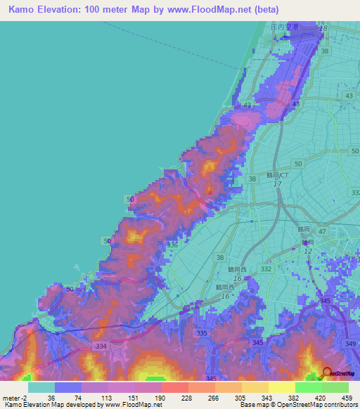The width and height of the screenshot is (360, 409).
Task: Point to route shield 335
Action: [x=202, y=333]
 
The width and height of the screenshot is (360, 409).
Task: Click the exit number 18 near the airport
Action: [x=323, y=28]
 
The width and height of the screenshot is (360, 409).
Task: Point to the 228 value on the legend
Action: [x=174, y=397]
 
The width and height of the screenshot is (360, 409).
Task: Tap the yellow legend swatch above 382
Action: [x=281, y=387]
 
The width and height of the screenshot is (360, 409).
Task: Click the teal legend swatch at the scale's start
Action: [x=41, y=387]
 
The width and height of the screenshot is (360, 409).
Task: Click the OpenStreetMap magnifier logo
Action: [x=326, y=374]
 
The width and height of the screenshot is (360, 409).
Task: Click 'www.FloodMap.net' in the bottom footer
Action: [x=131, y=405]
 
